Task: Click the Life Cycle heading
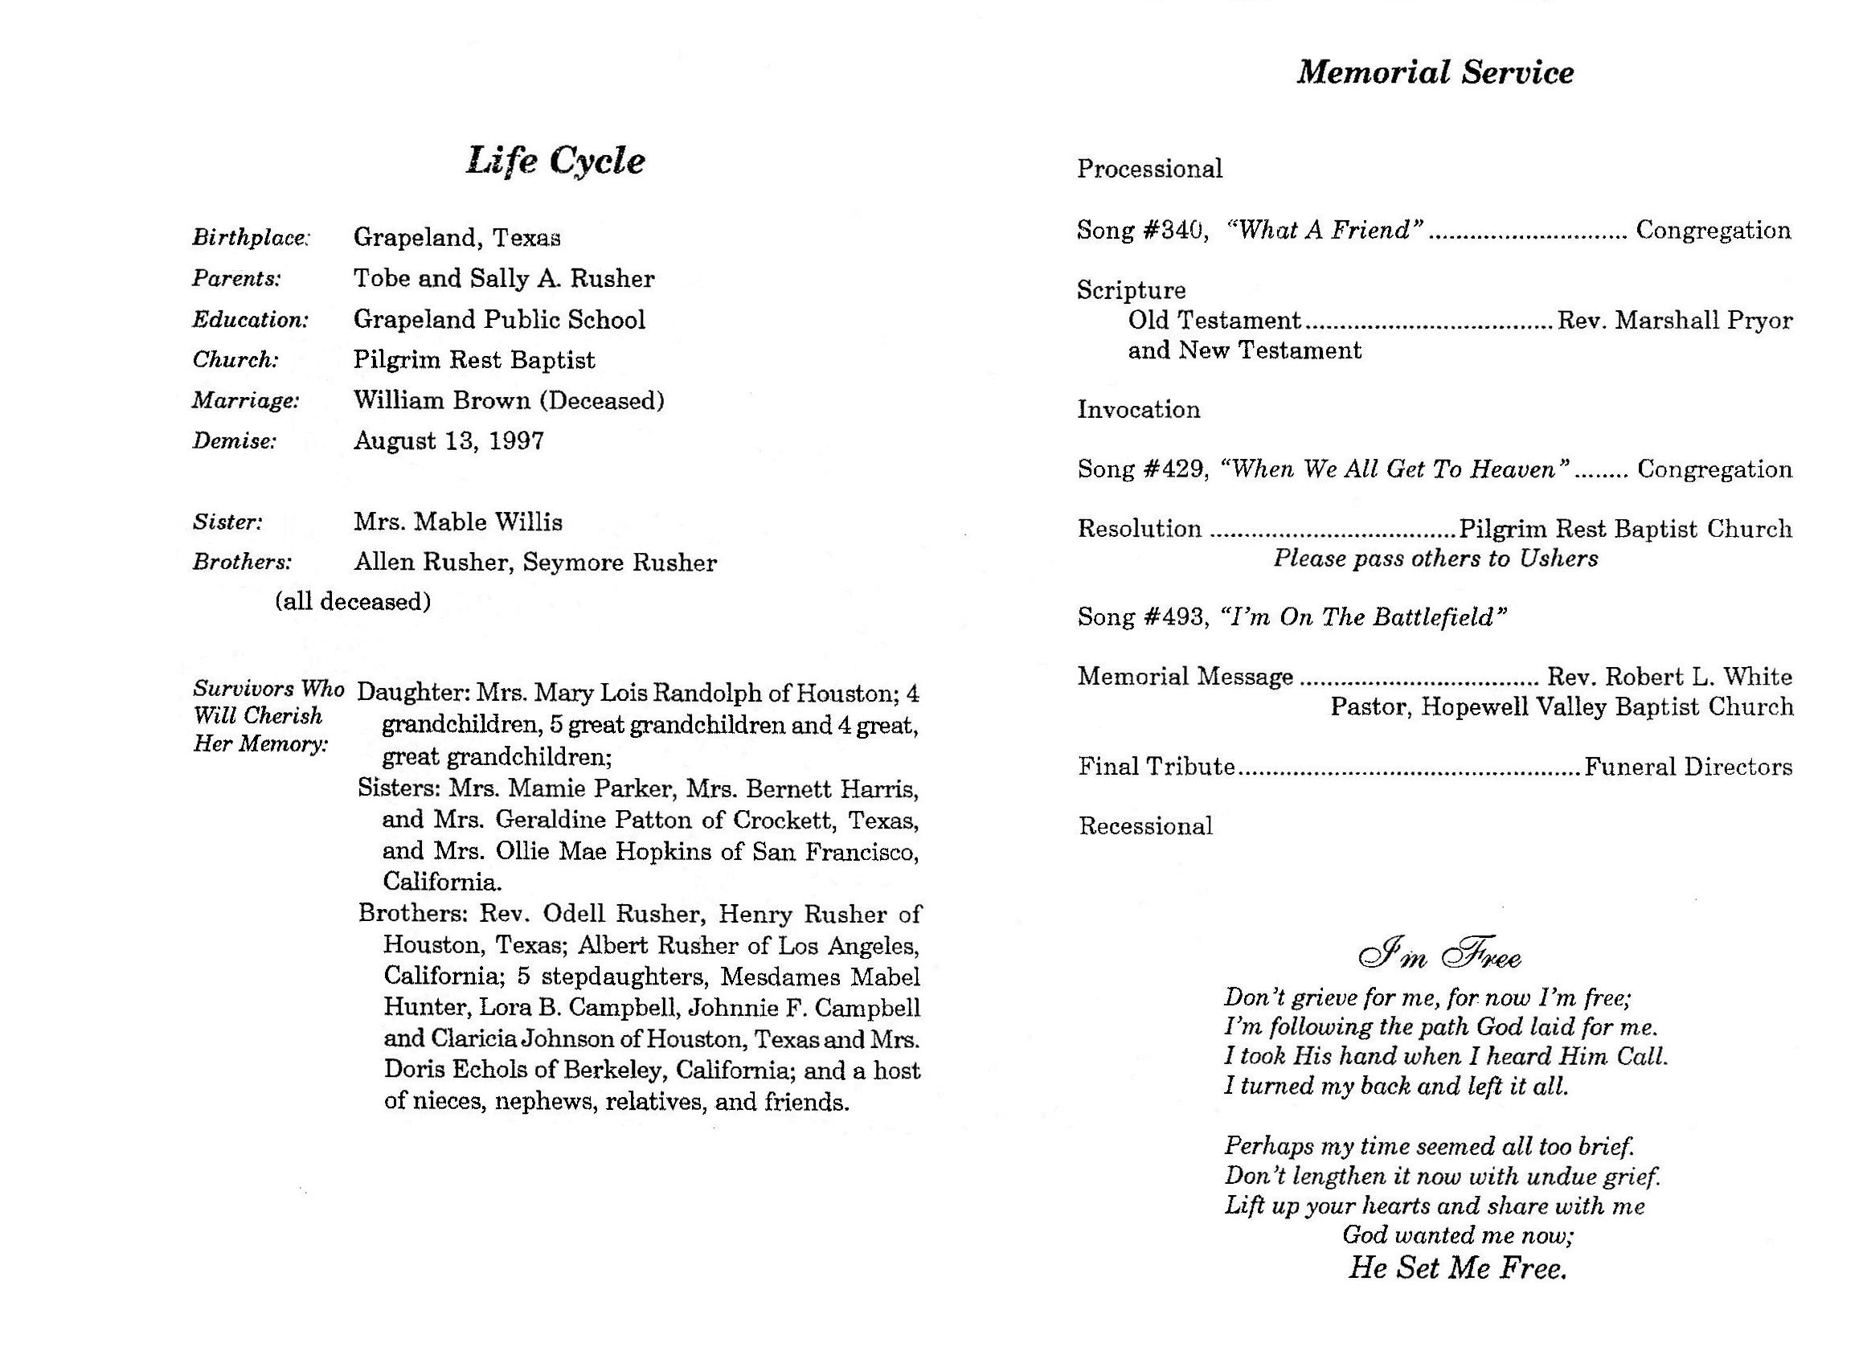point(555,161)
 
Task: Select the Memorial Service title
point(1435,72)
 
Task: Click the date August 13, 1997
point(448,441)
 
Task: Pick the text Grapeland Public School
point(499,319)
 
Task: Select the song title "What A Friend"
point(1325,231)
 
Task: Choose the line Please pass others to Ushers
point(1435,559)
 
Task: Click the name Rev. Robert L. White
point(1668,678)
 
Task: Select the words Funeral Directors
point(1688,768)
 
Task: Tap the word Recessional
point(1145,826)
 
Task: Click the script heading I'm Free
point(1439,955)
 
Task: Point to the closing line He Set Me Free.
point(1456,1268)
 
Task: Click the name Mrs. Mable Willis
point(457,522)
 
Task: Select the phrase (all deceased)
point(352,602)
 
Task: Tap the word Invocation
point(1139,410)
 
